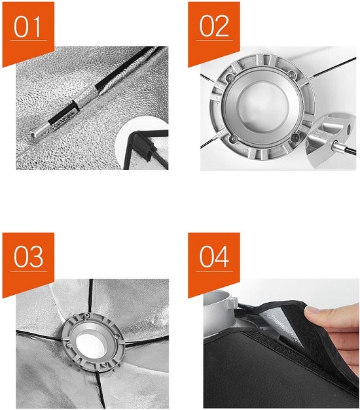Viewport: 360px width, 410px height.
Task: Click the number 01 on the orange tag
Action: [27, 27]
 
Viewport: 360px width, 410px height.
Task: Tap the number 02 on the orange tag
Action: [214, 26]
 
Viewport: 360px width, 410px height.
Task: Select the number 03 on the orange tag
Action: [28, 257]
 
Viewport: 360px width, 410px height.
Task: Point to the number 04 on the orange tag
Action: [214, 257]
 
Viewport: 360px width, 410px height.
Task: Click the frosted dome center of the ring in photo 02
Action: [262, 107]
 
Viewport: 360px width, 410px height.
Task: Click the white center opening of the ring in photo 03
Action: [92, 343]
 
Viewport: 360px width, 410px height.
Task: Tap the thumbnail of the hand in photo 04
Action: [311, 311]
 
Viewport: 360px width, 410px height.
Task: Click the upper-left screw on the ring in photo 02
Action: [230, 77]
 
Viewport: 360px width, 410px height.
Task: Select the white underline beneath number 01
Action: [29, 41]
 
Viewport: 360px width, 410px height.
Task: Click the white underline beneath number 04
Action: [214, 271]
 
